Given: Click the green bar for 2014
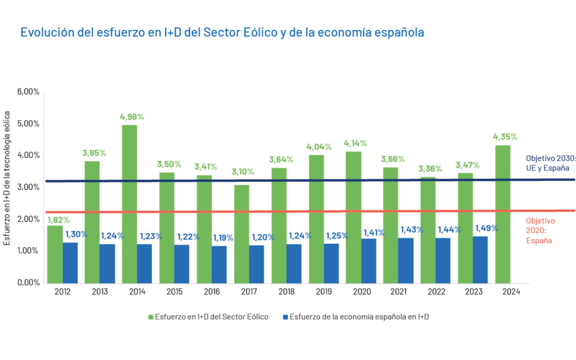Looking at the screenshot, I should pyautogui.click(x=130, y=204).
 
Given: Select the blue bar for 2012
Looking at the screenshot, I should pyautogui.click(x=70, y=263).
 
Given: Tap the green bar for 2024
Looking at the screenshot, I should pyautogui.click(x=503, y=214).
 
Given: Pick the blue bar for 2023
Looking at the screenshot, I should pyautogui.click(x=480, y=260).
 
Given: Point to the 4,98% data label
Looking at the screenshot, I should pyautogui.click(x=132, y=117).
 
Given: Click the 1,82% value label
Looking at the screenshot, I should pyautogui.click(x=59, y=219).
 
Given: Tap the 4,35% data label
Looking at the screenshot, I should pyautogui.click(x=505, y=137).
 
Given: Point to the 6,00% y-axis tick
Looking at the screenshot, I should pyautogui.click(x=28, y=92).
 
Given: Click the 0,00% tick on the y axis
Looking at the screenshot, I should pyautogui.click(x=28, y=283).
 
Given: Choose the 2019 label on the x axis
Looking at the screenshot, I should pyautogui.click(x=324, y=292).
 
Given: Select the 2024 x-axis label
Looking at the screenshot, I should pyautogui.click(x=511, y=292).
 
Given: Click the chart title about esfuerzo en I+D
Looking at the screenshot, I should pyautogui.click(x=222, y=32).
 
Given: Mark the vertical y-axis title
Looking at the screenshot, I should pyautogui.click(x=7, y=178).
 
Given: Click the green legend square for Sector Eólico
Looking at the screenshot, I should pyautogui.click(x=151, y=317).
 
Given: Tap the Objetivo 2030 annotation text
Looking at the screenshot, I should pyautogui.click(x=550, y=164).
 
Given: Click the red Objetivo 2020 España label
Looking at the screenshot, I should pyautogui.click(x=540, y=230).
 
